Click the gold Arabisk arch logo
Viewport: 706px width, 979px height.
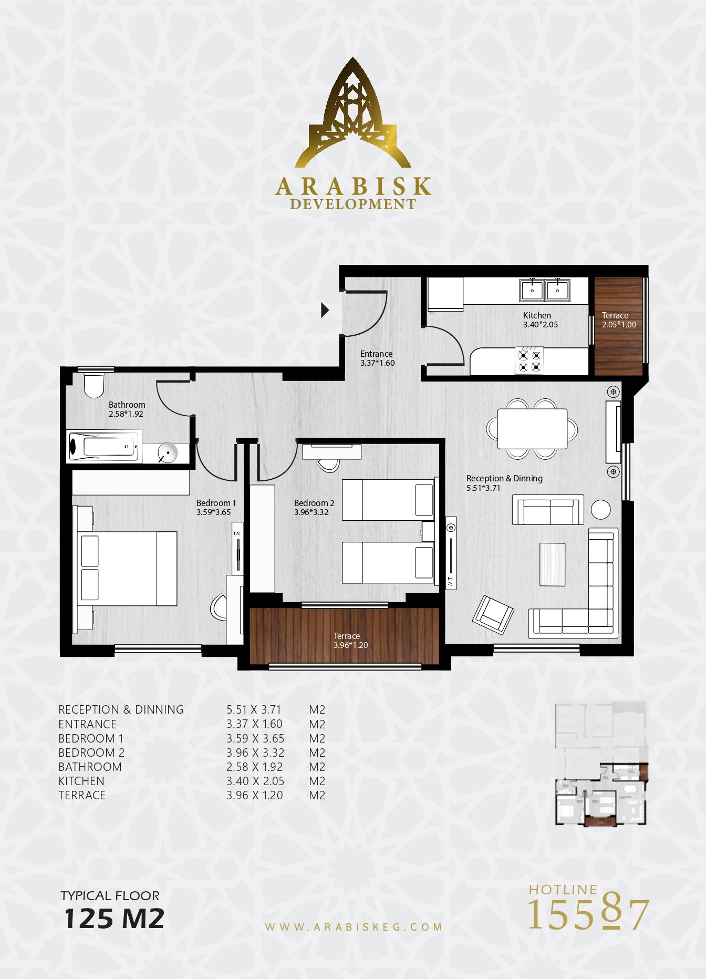pyautogui.click(x=352, y=113)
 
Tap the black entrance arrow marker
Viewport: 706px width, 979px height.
pyautogui.click(x=325, y=310)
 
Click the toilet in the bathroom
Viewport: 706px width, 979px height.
pyautogui.click(x=94, y=386)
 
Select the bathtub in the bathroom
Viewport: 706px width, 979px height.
pyautogui.click(x=104, y=447)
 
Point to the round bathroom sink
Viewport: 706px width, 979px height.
pyautogui.click(x=168, y=452)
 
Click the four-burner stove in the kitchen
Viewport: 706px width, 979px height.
pyautogui.click(x=529, y=360)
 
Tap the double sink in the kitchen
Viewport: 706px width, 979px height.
pyautogui.click(x=545, y=290)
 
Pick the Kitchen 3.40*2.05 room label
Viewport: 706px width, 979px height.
pyautogui.click(x=541, y=320)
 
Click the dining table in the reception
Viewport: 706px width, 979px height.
pyautogui.click(x=532, y=429)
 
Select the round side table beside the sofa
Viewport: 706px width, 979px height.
pyautogui.click(x=600, y=509)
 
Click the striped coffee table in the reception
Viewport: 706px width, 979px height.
pyautogui.click(x=552, y=564)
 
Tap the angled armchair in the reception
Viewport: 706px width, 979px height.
pyautogui.click(x=493, y=615)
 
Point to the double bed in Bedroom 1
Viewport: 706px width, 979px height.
pyautogui.click(x=127, y=569)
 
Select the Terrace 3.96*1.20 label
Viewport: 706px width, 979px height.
pyautogui.click(x=350, y=641)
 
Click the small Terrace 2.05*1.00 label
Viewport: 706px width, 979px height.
pyautogui.click(x=619, y=320)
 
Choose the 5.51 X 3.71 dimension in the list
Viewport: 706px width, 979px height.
pyautogui.click(x=254, y=710)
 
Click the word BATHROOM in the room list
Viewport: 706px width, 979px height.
pyautogui.click(x=90, y=767)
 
